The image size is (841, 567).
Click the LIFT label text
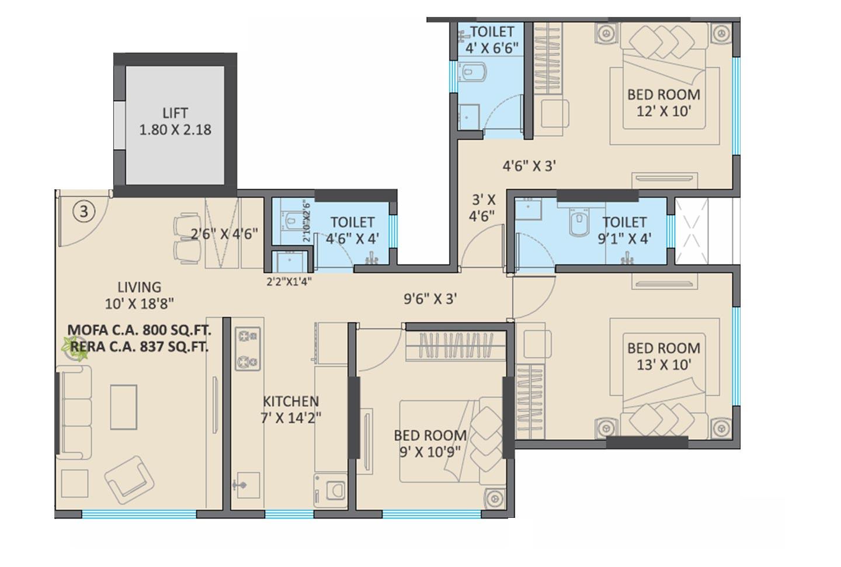(175, 113)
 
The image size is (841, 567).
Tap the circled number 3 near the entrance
(84, 212)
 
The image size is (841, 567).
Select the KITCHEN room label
(290, 402)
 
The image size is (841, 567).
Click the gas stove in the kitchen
(247, 349)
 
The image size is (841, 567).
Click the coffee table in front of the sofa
(124, 407)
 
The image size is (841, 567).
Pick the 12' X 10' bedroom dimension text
(663, 111)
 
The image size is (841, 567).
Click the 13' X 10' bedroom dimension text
(663, 365)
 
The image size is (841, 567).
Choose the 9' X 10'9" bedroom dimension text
(430, 451)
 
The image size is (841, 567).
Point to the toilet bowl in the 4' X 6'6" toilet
(468, 73)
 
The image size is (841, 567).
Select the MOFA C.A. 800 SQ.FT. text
(139, 330)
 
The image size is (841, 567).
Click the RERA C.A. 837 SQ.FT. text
(139, 347)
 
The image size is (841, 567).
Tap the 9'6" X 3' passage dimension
(430, 299)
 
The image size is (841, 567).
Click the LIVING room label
(139, 287)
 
